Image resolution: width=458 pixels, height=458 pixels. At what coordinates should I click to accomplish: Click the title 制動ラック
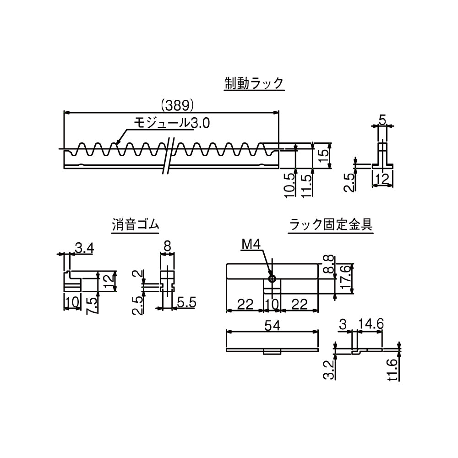pos(254,83)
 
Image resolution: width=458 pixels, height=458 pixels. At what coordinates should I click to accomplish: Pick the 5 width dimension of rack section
pos(383,120)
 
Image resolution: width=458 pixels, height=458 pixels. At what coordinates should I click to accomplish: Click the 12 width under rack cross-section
pos(383,179)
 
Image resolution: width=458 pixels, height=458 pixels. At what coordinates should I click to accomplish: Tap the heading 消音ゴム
pos(136,225)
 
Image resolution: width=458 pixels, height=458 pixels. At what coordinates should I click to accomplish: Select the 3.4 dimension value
pos(84,249)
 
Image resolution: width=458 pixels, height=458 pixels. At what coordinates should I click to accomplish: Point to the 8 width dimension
pos(167,247)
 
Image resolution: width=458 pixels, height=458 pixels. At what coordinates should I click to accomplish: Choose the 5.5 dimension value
pos(186,302)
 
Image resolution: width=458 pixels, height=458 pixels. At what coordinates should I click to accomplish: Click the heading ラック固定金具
pos(330,225)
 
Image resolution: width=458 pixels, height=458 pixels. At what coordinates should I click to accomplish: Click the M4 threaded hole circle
pos(272,278)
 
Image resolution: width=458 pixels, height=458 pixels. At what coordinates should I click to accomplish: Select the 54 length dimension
pos(272,325)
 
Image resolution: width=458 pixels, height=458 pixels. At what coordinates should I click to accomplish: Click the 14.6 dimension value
pos(371,325)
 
